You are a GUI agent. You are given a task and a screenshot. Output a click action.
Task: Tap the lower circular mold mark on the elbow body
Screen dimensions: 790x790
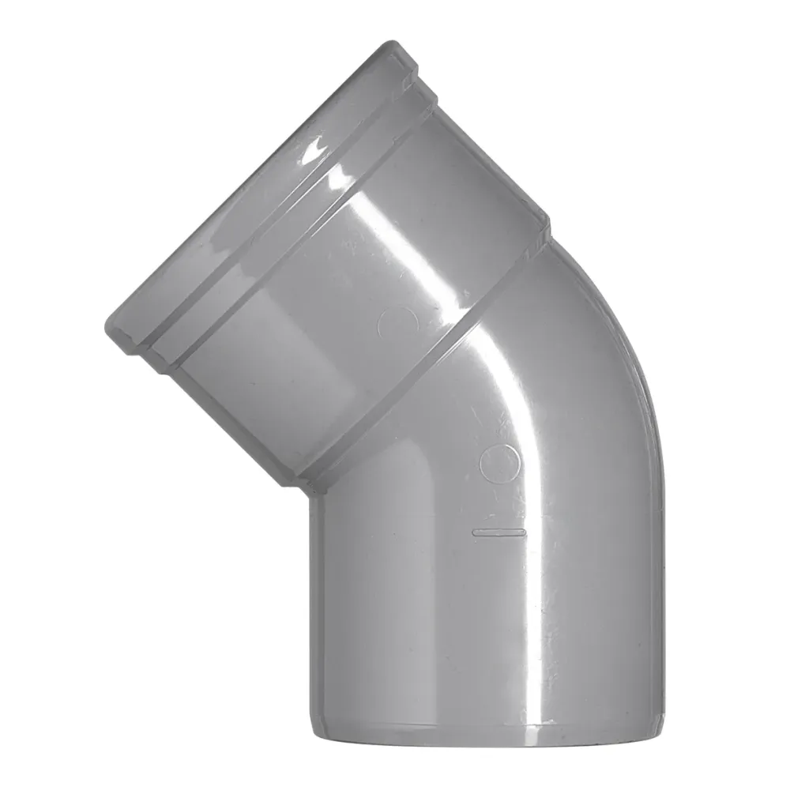(x=500, y=463)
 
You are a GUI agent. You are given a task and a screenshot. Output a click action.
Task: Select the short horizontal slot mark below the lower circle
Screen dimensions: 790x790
(x=498, y=532)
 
